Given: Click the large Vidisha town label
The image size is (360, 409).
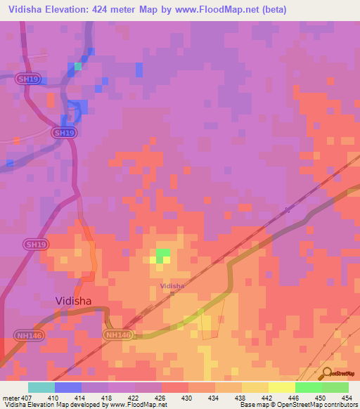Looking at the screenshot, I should pyautogui.click(x=83, y=301).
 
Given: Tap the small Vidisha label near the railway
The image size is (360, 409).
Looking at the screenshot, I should pyautogui.click(x=172, y=286).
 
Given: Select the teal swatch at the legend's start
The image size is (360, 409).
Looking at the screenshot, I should pyautogui.click(x=41, y=387).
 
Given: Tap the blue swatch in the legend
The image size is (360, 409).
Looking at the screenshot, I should pyautogui.click(x=68, y=387).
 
